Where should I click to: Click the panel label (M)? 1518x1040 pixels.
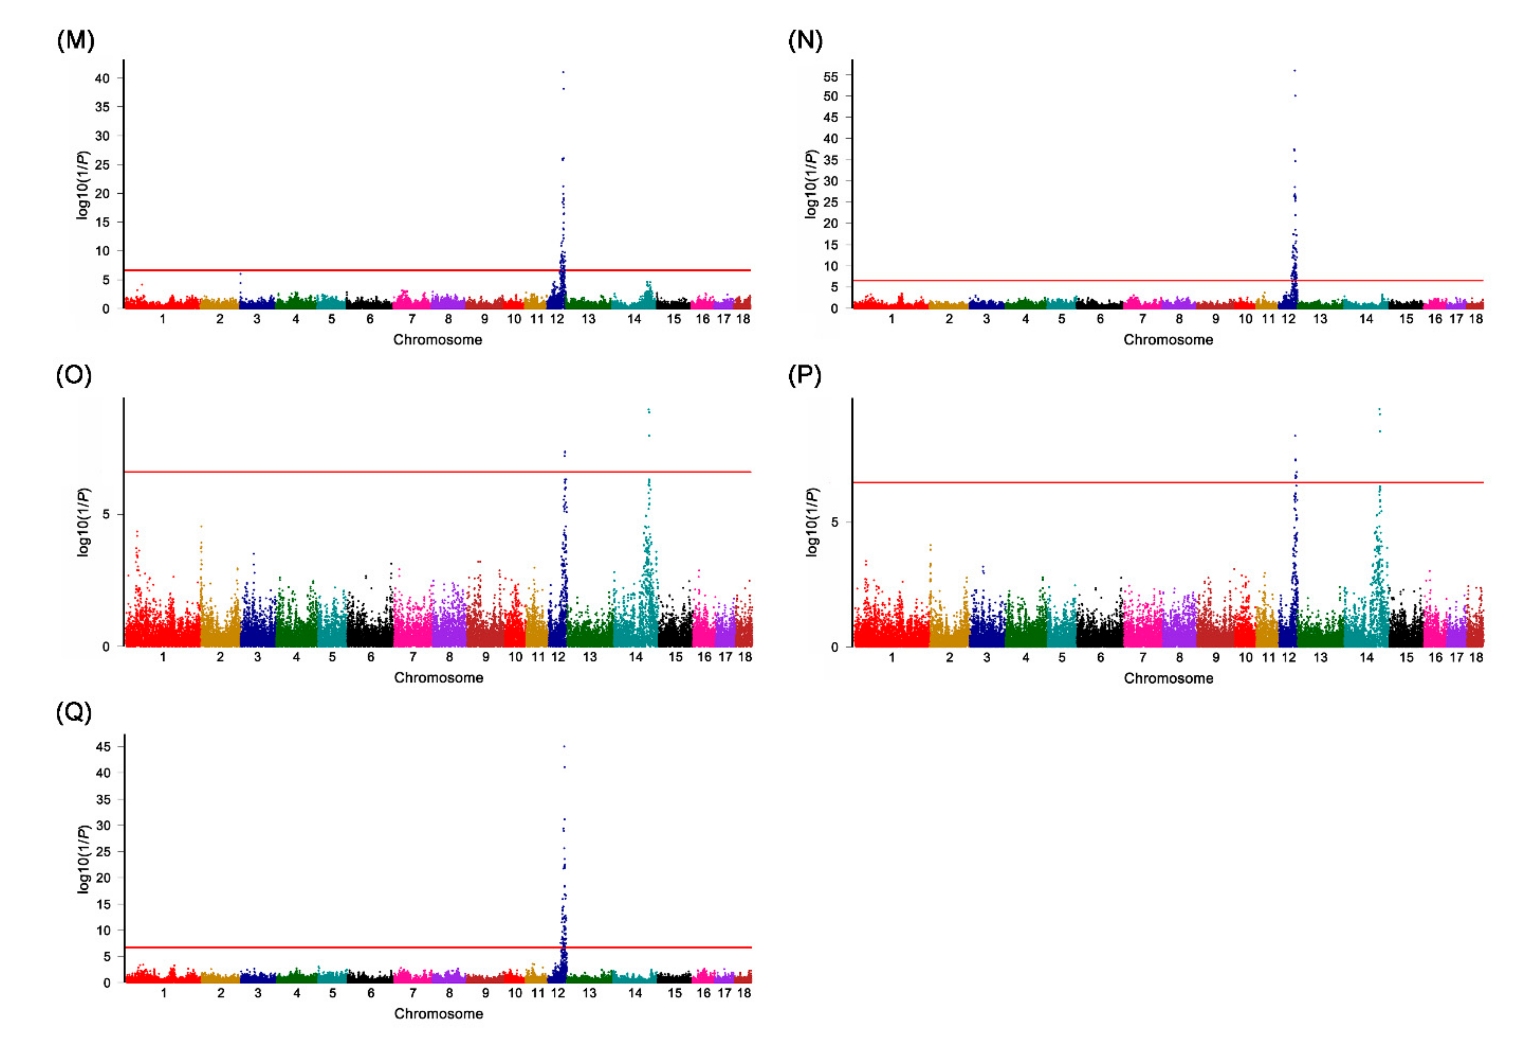pyautogui.click(x=76, y=40)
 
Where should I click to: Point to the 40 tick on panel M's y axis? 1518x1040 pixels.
pyautogui.click(x=102, y=78)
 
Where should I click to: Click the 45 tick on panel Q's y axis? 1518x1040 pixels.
pyautogui.click(x=103, y=747)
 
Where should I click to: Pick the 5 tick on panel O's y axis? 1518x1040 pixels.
pyautogui.click(x=106, y=514)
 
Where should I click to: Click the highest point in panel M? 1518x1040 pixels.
pyautogui.click(x=563, y=72)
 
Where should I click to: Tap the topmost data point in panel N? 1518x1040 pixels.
pyautogui.click(x=1294, y=71)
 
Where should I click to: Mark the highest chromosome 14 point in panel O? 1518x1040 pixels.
pyautogui.click(x=649, y=410)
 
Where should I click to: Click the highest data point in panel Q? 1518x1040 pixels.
pyautogui.click(x=564, y=746)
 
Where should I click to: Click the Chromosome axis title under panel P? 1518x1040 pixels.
pyautogui.click(x=1168, y=678)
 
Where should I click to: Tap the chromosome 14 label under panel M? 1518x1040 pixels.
pyautogui.click(x=634, y=319)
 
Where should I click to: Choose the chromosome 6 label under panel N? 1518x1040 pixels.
pyautogui.click(x=1100, y=319)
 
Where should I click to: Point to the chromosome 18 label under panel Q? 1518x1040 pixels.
pyautogui.click(x=743, y=993)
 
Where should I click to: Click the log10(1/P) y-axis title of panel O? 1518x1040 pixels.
pyautogui.click(x=83, y=522)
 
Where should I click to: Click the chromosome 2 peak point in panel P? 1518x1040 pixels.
pyautogui.click(x=930, y=545)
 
